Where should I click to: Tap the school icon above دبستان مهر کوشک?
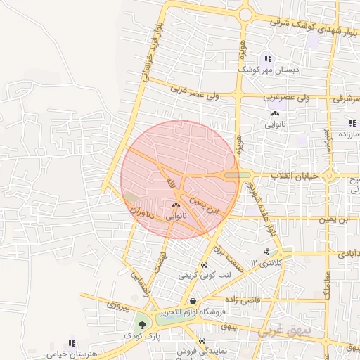[267, 58]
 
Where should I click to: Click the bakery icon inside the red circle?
[176, 205]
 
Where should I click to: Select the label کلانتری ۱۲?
[267, 264]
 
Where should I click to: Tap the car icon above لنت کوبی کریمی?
[203, 266]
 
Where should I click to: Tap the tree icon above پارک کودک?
[143, 325]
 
